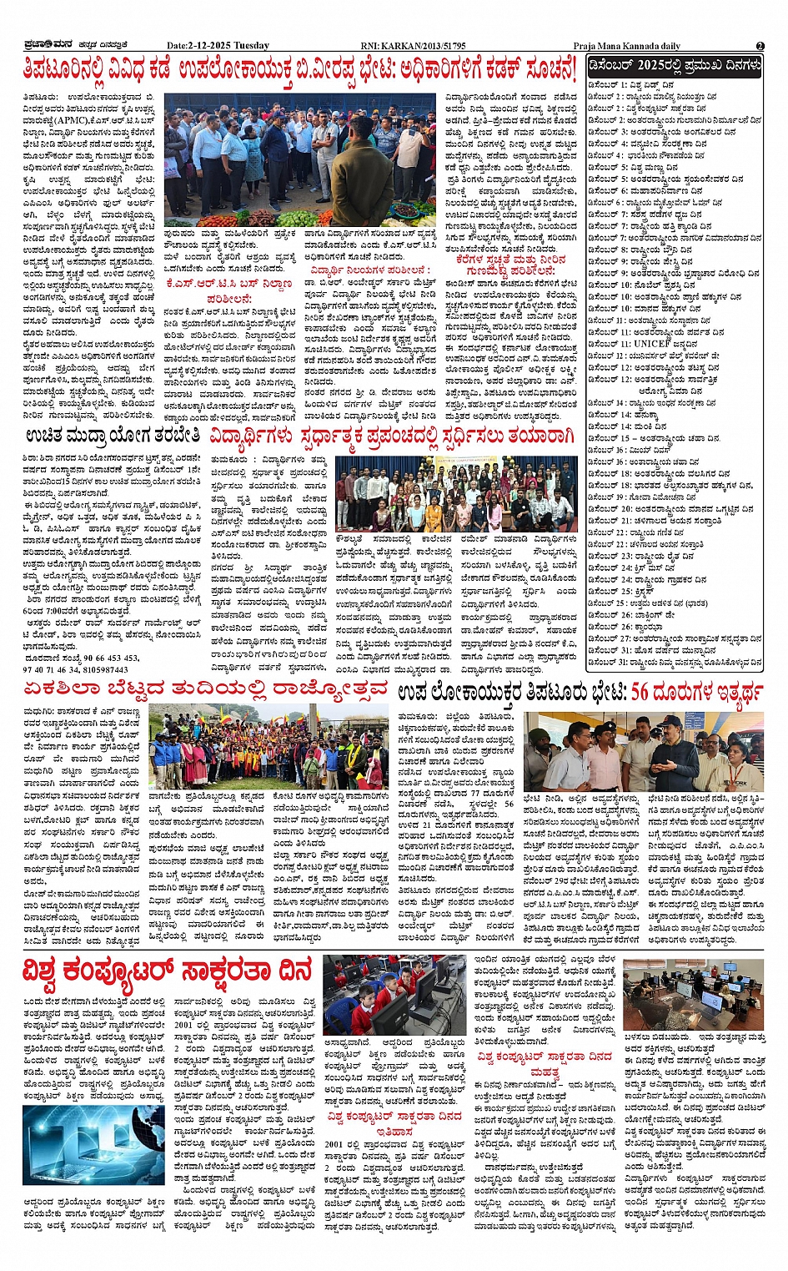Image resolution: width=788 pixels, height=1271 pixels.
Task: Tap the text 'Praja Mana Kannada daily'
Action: (626, 46)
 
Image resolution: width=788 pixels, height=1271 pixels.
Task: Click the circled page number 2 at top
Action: (760, 46)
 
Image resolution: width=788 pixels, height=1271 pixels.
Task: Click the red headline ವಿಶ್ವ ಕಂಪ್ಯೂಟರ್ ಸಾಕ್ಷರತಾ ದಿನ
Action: (167, 971)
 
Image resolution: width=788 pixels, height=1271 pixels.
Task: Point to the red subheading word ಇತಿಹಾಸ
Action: (393, 1132)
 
